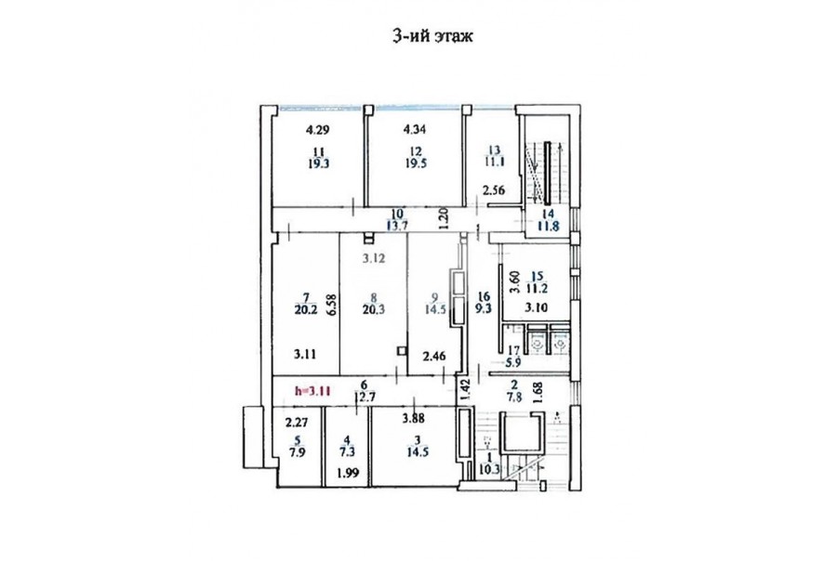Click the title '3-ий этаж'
tap(432, 37)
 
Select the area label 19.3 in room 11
tap(319, 163)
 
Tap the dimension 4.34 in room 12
tap(415, 129)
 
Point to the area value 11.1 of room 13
tap(495, 163)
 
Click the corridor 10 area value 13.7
tap(397, 225)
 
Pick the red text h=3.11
tap(313, 390)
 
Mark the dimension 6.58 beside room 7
tap(331, 305)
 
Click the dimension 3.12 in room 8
tap(374, 258)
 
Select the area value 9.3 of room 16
tap(483, 308)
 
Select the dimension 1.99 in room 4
tap(347, 473)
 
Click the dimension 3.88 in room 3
tap(414, 419)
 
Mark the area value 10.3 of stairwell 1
tap(489, 470)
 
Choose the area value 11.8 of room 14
tap(548, 226)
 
